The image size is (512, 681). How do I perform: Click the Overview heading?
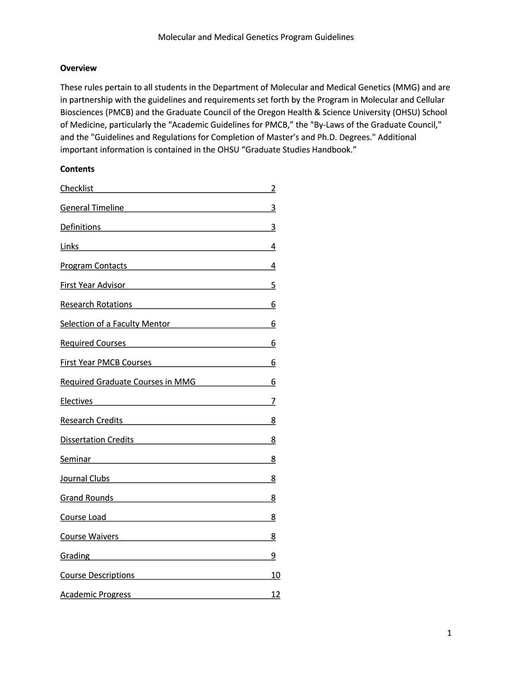[78, 68]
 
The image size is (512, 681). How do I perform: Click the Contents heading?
[77, 169]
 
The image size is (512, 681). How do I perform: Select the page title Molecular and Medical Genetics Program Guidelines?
[255, 37]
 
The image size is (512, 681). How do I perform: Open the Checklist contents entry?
[76, 189]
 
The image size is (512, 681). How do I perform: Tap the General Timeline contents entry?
[92, 208]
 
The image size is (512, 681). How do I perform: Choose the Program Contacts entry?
[93, 266]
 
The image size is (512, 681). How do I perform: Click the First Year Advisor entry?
[92, 285]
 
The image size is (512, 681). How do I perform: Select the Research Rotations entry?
[96, 305]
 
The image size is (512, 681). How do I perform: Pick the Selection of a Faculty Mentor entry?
[115, 324]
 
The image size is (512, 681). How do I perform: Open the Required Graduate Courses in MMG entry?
[128, 382]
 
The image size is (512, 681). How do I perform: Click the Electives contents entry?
[76, 401]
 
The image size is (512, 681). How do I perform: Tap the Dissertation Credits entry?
[96, 440]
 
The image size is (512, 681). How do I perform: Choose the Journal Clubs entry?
[84, 478]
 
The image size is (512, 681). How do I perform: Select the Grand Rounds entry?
[86, 497]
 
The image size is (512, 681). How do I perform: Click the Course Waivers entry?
[89, 536]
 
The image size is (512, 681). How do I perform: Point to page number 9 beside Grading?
[273, 555]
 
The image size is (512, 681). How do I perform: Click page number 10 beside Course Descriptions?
[275, 575]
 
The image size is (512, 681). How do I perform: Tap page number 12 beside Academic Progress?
[275, 594]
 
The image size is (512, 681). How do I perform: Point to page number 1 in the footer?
[449, 634]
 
